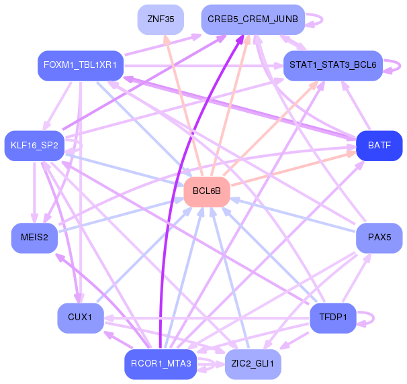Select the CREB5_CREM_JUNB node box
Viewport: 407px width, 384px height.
[x=253, y=19]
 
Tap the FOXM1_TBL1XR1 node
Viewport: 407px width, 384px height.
[x=81, y=65]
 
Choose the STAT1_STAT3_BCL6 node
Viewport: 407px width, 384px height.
[x=333, y=66]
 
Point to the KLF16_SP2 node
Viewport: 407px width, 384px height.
[x=34, y=145]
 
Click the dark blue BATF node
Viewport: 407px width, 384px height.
[x=379, y=145]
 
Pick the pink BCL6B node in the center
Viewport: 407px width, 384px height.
[x=207, y=191]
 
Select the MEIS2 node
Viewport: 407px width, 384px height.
[x=34, y=238]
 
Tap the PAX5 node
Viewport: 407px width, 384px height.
[x=379, y=238]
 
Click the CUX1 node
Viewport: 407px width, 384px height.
[x=81, y=317]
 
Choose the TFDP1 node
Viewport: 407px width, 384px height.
[x=333, y=317]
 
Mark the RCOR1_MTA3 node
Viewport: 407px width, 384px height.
[x=161, y=364]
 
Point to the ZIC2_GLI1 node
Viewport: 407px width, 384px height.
[x=253, y=364]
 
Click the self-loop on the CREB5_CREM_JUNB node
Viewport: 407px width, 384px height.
[x=318, y=19]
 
